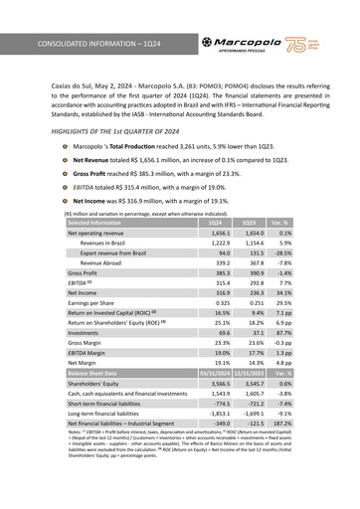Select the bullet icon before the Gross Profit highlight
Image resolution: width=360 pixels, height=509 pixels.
click(66, 173)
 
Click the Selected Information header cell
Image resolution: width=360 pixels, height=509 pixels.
click(99, 224)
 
